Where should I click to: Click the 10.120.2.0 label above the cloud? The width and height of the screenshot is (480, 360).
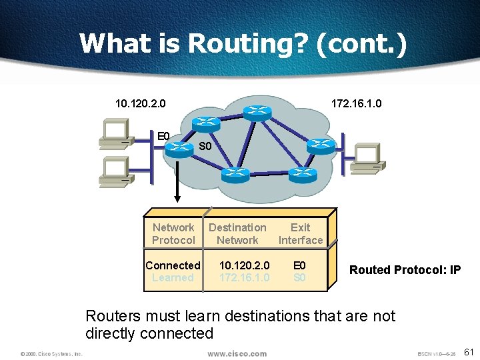[140, 103]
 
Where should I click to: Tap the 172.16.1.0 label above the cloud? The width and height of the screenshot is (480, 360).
[357, 103]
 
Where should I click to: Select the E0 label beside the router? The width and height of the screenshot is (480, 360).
[163, 137]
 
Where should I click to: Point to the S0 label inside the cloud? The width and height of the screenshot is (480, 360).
[205, 146]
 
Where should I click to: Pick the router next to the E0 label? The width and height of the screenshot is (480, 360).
[178, 148]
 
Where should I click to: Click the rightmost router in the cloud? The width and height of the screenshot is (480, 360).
[321, 145]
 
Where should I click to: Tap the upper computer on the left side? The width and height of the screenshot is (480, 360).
[113, 133]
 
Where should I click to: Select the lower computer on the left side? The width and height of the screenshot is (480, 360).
[113, 170]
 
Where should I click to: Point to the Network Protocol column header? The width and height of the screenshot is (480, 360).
[173, 234]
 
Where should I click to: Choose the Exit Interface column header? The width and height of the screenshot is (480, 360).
[300, 234]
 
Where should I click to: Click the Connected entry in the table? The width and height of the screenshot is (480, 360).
[173, 265]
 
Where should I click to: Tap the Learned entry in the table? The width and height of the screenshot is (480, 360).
[173, 277]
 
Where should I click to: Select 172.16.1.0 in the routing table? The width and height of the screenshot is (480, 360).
[244, 277]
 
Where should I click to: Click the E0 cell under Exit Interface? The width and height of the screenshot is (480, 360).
[299, 265]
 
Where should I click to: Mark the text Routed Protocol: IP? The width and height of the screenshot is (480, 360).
[405, 270]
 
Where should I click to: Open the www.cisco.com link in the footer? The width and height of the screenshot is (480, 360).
[237, 353]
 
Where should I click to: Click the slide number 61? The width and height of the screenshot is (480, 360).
[468, 352]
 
